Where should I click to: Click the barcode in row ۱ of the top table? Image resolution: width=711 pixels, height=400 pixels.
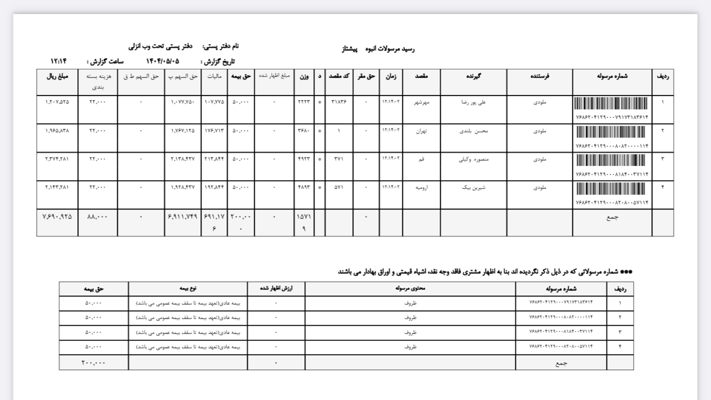[x=612, y=103]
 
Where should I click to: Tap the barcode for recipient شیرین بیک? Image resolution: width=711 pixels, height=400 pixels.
[x=612, y=189]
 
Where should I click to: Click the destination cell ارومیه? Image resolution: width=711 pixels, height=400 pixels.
[x=422, y=187]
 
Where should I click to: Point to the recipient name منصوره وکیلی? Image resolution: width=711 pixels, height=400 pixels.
[x=473, y=159]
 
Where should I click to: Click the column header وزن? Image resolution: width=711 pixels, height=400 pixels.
[x=304, y=77]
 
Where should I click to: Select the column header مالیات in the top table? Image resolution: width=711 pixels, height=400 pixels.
[x=214, y=77]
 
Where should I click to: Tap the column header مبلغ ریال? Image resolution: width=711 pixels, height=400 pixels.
[x=58, y=76]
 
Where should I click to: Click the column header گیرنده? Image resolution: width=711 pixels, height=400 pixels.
[x=473, y=76]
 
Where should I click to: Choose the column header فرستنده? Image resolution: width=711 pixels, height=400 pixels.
[x=539, y=76]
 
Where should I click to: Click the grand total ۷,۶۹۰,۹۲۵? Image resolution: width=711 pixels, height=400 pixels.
[x=57, y=217]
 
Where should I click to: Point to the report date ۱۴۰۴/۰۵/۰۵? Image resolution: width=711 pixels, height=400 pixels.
[x=163, y=61]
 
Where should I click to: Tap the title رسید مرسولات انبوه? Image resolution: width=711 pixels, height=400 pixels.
[x=392, y=49]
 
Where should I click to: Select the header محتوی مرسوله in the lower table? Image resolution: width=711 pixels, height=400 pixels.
[x=410, y=289]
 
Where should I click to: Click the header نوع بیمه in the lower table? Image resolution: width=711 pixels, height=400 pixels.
[x=188, y=289]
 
